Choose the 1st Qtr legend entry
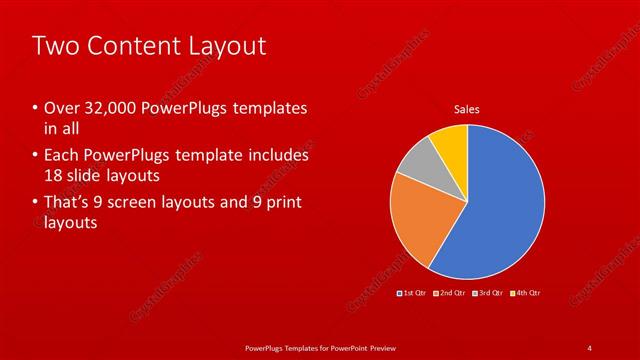413,293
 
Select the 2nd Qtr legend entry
451,293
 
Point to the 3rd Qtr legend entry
488,293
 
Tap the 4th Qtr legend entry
525,293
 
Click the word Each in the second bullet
61,156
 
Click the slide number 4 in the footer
590,347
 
